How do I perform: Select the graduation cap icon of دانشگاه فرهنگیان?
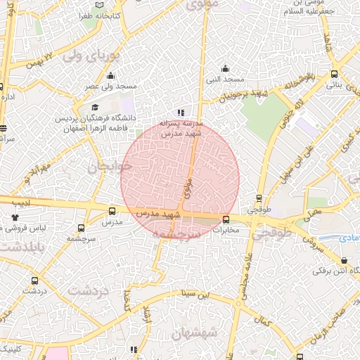pos(95,107)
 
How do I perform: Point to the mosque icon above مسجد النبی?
pos(224,68)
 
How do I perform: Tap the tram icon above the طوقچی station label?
pos(259,198)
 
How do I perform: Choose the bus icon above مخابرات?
pos(226,219)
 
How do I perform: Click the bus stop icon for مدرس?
pos(112,211)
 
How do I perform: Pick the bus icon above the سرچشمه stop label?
pos(82,228)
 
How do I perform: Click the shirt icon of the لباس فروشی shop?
pos(16,218)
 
